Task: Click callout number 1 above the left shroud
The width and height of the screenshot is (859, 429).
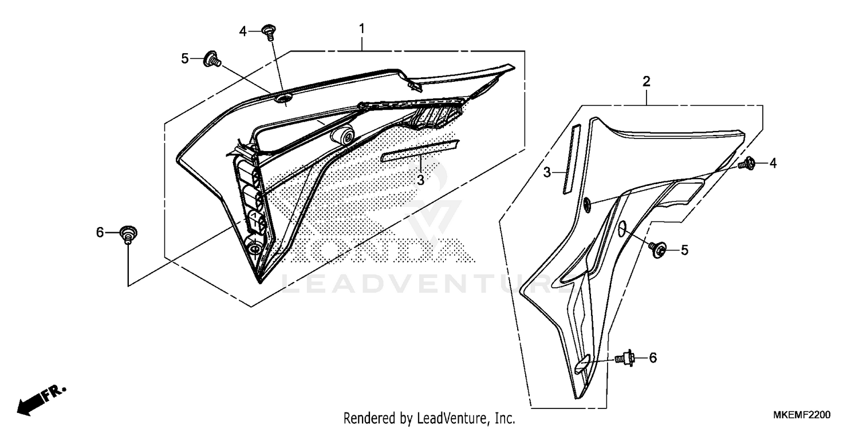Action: [361, 28]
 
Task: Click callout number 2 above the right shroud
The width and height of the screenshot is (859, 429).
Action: [647, 82]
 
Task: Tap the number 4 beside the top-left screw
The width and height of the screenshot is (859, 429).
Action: [243, 32]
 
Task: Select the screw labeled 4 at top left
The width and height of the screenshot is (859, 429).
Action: [267, 31]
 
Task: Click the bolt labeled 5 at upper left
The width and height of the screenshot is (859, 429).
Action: [212, 58]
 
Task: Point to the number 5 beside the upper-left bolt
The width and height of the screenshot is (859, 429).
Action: [185, 58]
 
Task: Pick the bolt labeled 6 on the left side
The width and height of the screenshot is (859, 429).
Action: [128, 234]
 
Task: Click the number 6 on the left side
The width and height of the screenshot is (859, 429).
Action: [100, 233]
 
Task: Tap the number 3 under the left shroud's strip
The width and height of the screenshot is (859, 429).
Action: [420, 180]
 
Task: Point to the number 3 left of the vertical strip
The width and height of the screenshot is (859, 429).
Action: [547, 172]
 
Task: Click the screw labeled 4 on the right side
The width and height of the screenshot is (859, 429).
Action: [747, 164]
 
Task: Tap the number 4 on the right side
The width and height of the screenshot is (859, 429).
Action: [773, 164]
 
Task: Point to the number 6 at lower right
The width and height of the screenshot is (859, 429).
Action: [652, 358]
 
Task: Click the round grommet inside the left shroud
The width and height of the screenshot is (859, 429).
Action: [343, 136]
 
